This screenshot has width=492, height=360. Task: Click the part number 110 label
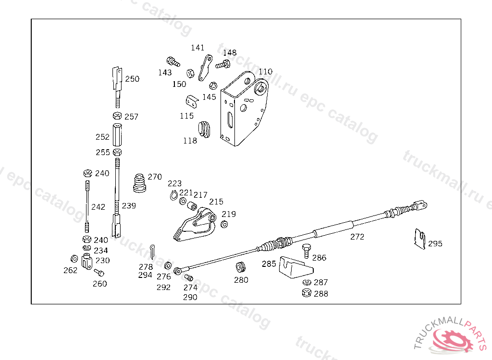coord(266,72)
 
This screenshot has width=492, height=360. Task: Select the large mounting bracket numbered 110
coord(243,110)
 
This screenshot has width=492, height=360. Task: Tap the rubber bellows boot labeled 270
coord(140,183)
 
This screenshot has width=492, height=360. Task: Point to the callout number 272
coord(357,237)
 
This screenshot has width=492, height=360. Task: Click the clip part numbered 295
coord(420,239)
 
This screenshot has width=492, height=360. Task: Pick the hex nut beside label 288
coord(306,293)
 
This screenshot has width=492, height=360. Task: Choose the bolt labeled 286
coord(306,251)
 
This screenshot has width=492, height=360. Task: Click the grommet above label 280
coord(241,267)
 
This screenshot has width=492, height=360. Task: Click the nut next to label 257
coord(117,116)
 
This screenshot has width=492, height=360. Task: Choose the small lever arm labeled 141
coord(205,68)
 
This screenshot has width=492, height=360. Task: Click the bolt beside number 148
coord(222,64)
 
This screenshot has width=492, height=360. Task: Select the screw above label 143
coord(172,61)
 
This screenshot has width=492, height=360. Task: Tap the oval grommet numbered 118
coord(205,128)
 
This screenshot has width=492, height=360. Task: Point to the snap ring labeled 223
coord(174,194)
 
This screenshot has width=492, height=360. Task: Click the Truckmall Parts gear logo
coord(454,338)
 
